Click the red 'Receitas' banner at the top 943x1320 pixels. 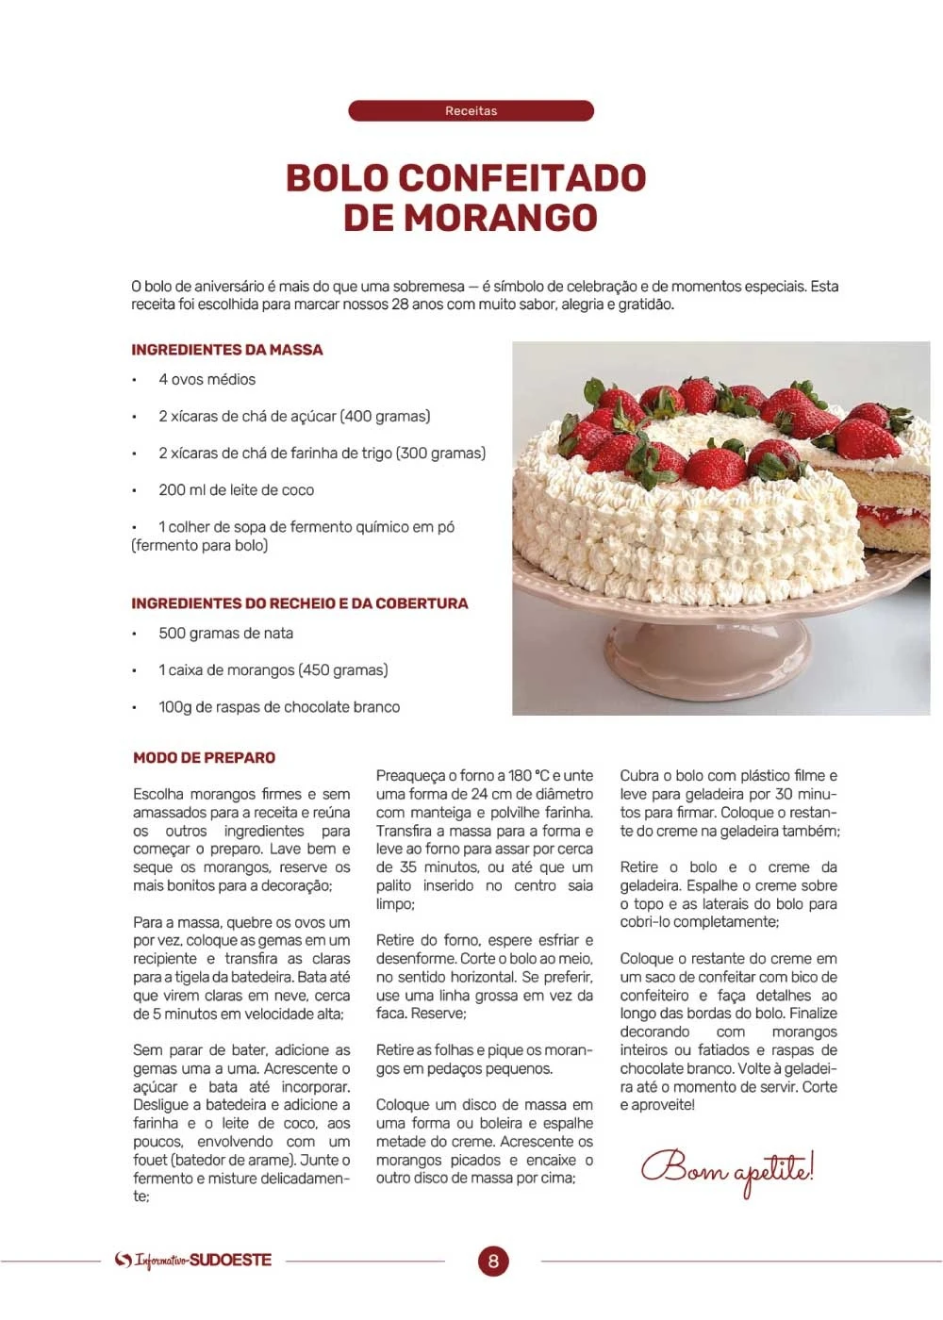click(x=471, y=111)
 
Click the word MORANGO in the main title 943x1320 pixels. click(x=501, y=218)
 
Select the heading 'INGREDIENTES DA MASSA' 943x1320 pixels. click(x=227, y=350)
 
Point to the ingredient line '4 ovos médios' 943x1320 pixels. click(x=207, y=379)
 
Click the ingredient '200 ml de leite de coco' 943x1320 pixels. click(x=236, y=490)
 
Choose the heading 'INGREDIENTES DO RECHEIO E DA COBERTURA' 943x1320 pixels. click(x=300, y=603)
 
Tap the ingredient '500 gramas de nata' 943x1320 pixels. click(x=225, y=634)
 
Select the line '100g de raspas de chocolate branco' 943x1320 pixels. click(x=279, y=707)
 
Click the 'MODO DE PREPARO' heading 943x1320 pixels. click(x=205, y=758)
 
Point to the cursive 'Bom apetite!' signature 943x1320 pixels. click(x=727, y=1169)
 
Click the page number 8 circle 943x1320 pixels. click(x=492, y=1261)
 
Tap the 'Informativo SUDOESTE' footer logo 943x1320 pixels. click(x=193, y=1261)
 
